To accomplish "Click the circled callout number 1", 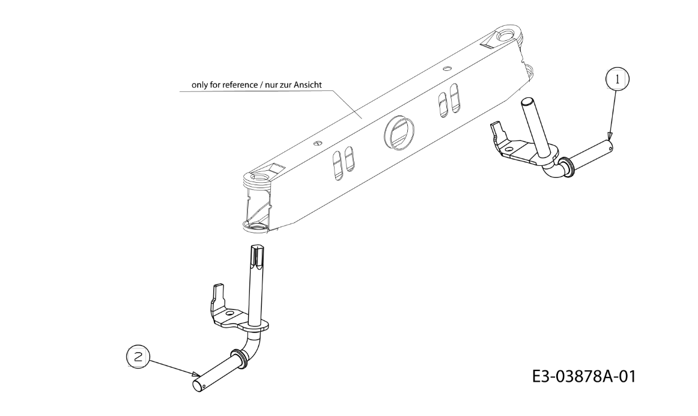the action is (617, 80).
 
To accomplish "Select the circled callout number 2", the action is (138, 356).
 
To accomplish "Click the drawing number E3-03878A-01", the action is (584, 377).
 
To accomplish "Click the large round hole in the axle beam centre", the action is (398, 132).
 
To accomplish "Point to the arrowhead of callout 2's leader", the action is (197, 375).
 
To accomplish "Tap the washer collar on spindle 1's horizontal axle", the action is (566, 168).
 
